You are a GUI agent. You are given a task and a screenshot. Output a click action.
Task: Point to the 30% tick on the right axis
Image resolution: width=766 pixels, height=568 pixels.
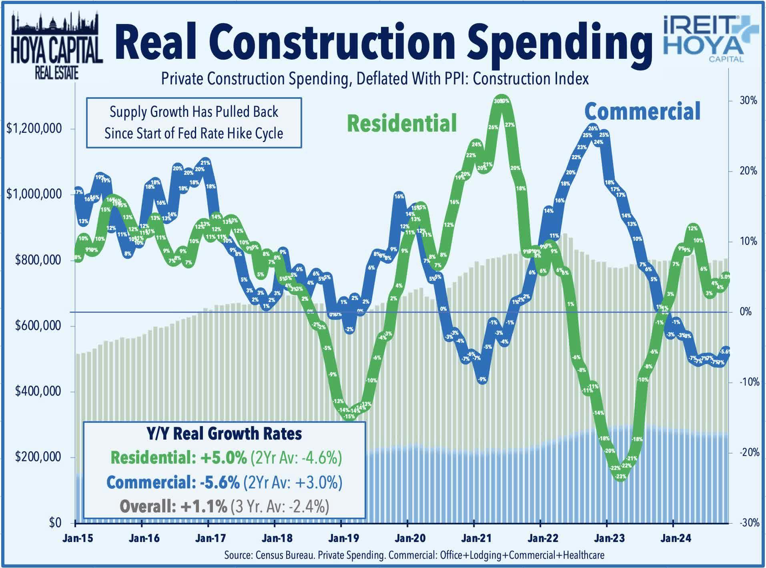[748, 100]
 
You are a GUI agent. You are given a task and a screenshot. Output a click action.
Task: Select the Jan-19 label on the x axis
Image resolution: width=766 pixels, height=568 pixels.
[343, 538]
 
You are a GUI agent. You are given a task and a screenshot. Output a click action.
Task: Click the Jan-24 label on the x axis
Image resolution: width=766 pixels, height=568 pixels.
[676, 538]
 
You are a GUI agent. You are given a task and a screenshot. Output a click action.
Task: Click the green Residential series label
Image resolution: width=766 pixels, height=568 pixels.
[401, 123]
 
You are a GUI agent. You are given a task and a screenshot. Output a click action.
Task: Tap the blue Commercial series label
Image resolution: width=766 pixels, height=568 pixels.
[642, 111]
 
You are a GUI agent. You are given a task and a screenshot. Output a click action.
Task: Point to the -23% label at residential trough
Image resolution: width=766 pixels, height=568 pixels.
[621, 476]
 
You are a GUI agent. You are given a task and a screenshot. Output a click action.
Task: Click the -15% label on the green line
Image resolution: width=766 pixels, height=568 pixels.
[349, 416]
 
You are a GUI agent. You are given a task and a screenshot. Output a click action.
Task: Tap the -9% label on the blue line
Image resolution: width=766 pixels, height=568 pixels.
[482, 379]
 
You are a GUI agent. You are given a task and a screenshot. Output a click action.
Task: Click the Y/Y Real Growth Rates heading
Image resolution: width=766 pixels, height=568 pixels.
[224, 434]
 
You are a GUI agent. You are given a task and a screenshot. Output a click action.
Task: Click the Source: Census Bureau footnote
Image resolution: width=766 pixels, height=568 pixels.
[414, 556]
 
